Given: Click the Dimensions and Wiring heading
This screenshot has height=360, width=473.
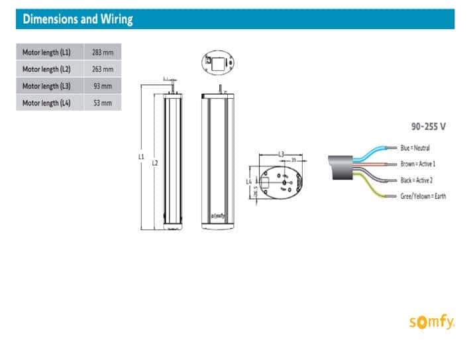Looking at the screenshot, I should pyautogui.click(x=78, y=19).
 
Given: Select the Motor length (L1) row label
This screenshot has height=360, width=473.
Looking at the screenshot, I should pyautogui.click(x=46, y=52).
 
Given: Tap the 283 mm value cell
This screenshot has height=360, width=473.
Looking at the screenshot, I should pyautogui.click(x=103, y=52).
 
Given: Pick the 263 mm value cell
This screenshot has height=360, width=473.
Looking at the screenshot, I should pyautogui.click(x=103, y=69).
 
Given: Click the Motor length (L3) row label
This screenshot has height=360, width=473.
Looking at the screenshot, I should pyautogui.click(x=46, y=86).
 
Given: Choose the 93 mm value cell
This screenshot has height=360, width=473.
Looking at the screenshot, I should pyautogui.click(x=103, y=86).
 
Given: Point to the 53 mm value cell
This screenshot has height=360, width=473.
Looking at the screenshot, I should pyautogui.click(x=103, y=103).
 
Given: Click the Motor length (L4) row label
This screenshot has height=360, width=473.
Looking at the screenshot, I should pyautogui.click(x=46, y=103).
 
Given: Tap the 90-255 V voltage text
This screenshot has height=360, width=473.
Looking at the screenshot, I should pyautogui.click(x=428, y=124).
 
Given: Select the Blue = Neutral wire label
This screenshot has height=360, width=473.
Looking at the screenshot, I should pyautogui.click(x=415, y=147).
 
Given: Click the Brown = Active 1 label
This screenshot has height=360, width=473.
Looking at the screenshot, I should pyautogui.click(x=418, y=164).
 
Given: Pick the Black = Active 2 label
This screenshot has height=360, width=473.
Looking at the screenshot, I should pyautogui.click(x=417, y=180).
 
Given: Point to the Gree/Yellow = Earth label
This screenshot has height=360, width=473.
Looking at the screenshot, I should pyautogui.click(x=423, y=196).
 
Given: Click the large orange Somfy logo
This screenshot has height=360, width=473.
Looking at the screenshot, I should pyautogui.click(x=431, y=323).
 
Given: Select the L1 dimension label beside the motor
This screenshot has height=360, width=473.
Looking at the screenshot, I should pyautogui.click(x=141, y=157).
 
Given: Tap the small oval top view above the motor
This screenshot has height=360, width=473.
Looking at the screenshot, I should pyautogui.click(x=219, y=63).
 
